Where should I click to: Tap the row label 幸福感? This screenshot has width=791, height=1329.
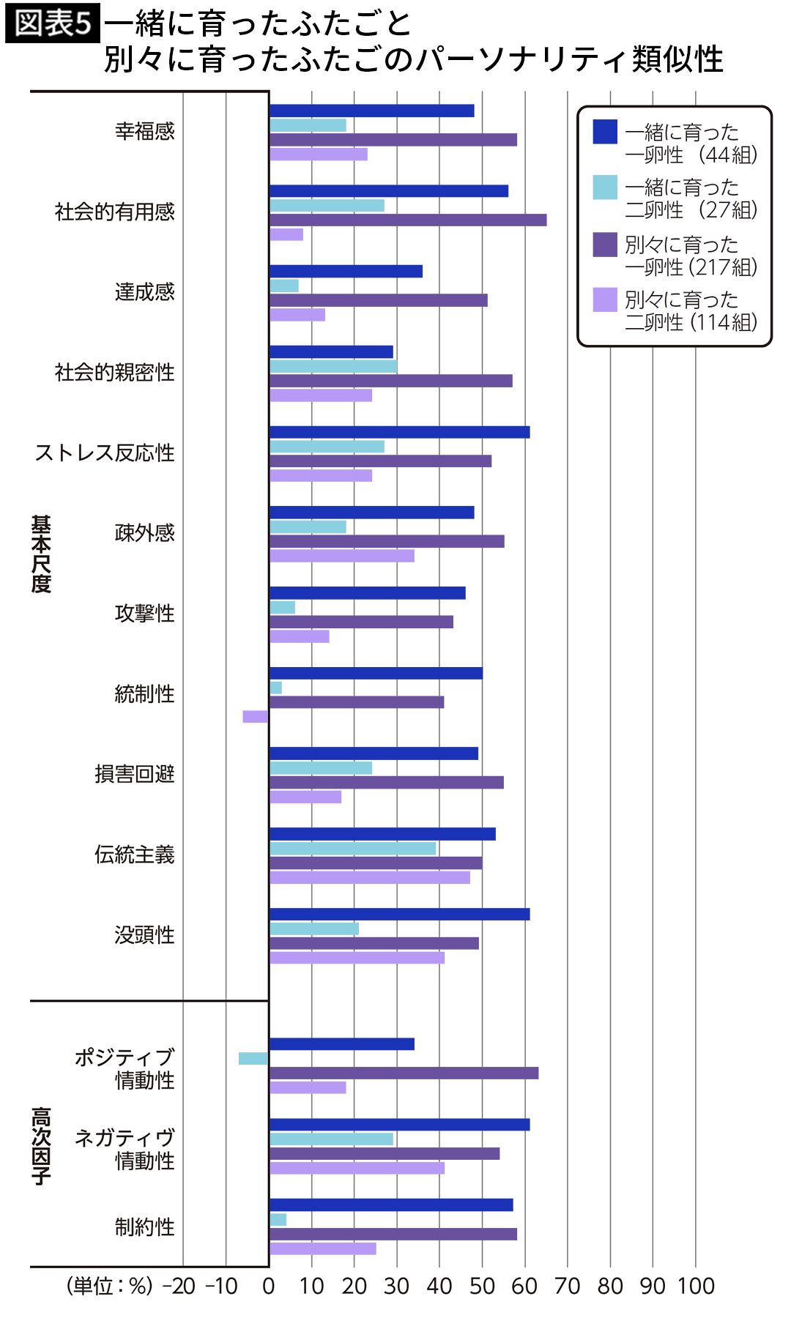point(144,131)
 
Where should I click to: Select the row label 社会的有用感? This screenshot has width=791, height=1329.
point(114,212)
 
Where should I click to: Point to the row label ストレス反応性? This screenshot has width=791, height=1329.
point(104,453)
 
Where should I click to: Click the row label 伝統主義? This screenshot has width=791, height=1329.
point(134,855)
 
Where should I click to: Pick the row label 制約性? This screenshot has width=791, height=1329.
point(144,1227)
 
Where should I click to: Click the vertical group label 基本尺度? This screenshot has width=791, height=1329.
point(41,554)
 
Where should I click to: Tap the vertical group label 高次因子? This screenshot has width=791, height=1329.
point(41,1145)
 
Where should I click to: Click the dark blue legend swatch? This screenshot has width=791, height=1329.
point(605,132)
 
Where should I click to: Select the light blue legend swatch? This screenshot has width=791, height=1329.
point(605,187)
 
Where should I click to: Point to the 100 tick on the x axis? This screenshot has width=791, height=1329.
point(695,1287)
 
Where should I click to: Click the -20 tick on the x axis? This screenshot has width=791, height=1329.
point(180,1287)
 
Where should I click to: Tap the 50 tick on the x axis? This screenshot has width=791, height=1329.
point(482,1287)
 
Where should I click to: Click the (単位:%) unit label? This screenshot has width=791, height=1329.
point(110,1287)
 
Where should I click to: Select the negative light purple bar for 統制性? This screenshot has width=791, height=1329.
point(256,716)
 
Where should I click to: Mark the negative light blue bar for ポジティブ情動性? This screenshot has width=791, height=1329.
point(253,1059)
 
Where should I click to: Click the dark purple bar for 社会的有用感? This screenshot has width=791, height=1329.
point(408,220)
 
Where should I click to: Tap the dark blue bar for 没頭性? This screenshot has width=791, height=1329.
point(399,914)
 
